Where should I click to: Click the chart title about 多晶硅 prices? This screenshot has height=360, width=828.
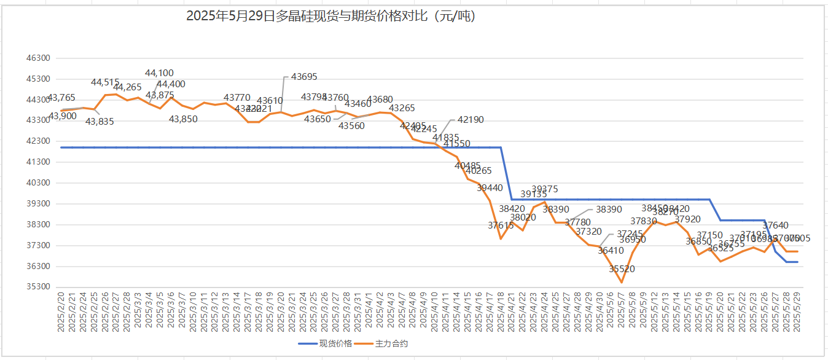pos(331,17)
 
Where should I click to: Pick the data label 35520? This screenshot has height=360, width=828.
pos(622,269)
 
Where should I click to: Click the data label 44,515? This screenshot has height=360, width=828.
pos(105,82)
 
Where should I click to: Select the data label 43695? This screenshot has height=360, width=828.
pos(304,77)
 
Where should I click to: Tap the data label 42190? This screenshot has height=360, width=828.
pos(471,120)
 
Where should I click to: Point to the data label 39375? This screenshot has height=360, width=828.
pos(545,189)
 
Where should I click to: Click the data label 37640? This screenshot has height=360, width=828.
pos(775,225)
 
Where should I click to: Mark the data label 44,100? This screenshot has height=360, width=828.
pos(159,73)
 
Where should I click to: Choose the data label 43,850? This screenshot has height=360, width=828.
pos(184,119)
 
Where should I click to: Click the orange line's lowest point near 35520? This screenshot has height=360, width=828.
pos(622,283)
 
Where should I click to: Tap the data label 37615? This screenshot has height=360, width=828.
pos(501,225)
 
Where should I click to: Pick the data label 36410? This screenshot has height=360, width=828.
pos(611,251)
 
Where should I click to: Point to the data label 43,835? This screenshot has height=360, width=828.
pos(100,122)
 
